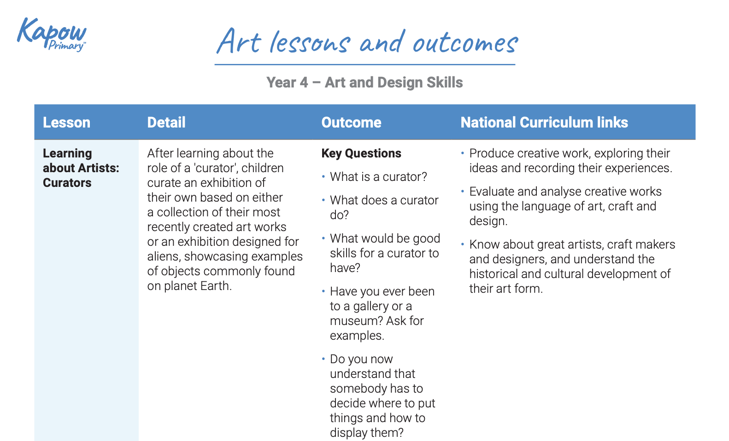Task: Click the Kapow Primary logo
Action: tap(52, 34)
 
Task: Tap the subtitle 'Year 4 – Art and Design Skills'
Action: tap(364, 82)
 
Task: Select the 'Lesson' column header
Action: tap(66, 122)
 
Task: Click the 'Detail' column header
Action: tap(166, 122)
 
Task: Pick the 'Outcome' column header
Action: tap(351, 122)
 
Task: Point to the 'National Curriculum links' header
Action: tap(544, 122)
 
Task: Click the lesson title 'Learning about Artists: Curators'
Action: tap(74, 168)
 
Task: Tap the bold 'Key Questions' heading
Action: tap(361, 153)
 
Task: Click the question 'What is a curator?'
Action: tap(378, 177)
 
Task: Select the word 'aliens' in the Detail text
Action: tap(164, 256)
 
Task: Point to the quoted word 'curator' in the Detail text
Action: tap(216, 168)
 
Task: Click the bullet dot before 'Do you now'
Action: tap(323, 358)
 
